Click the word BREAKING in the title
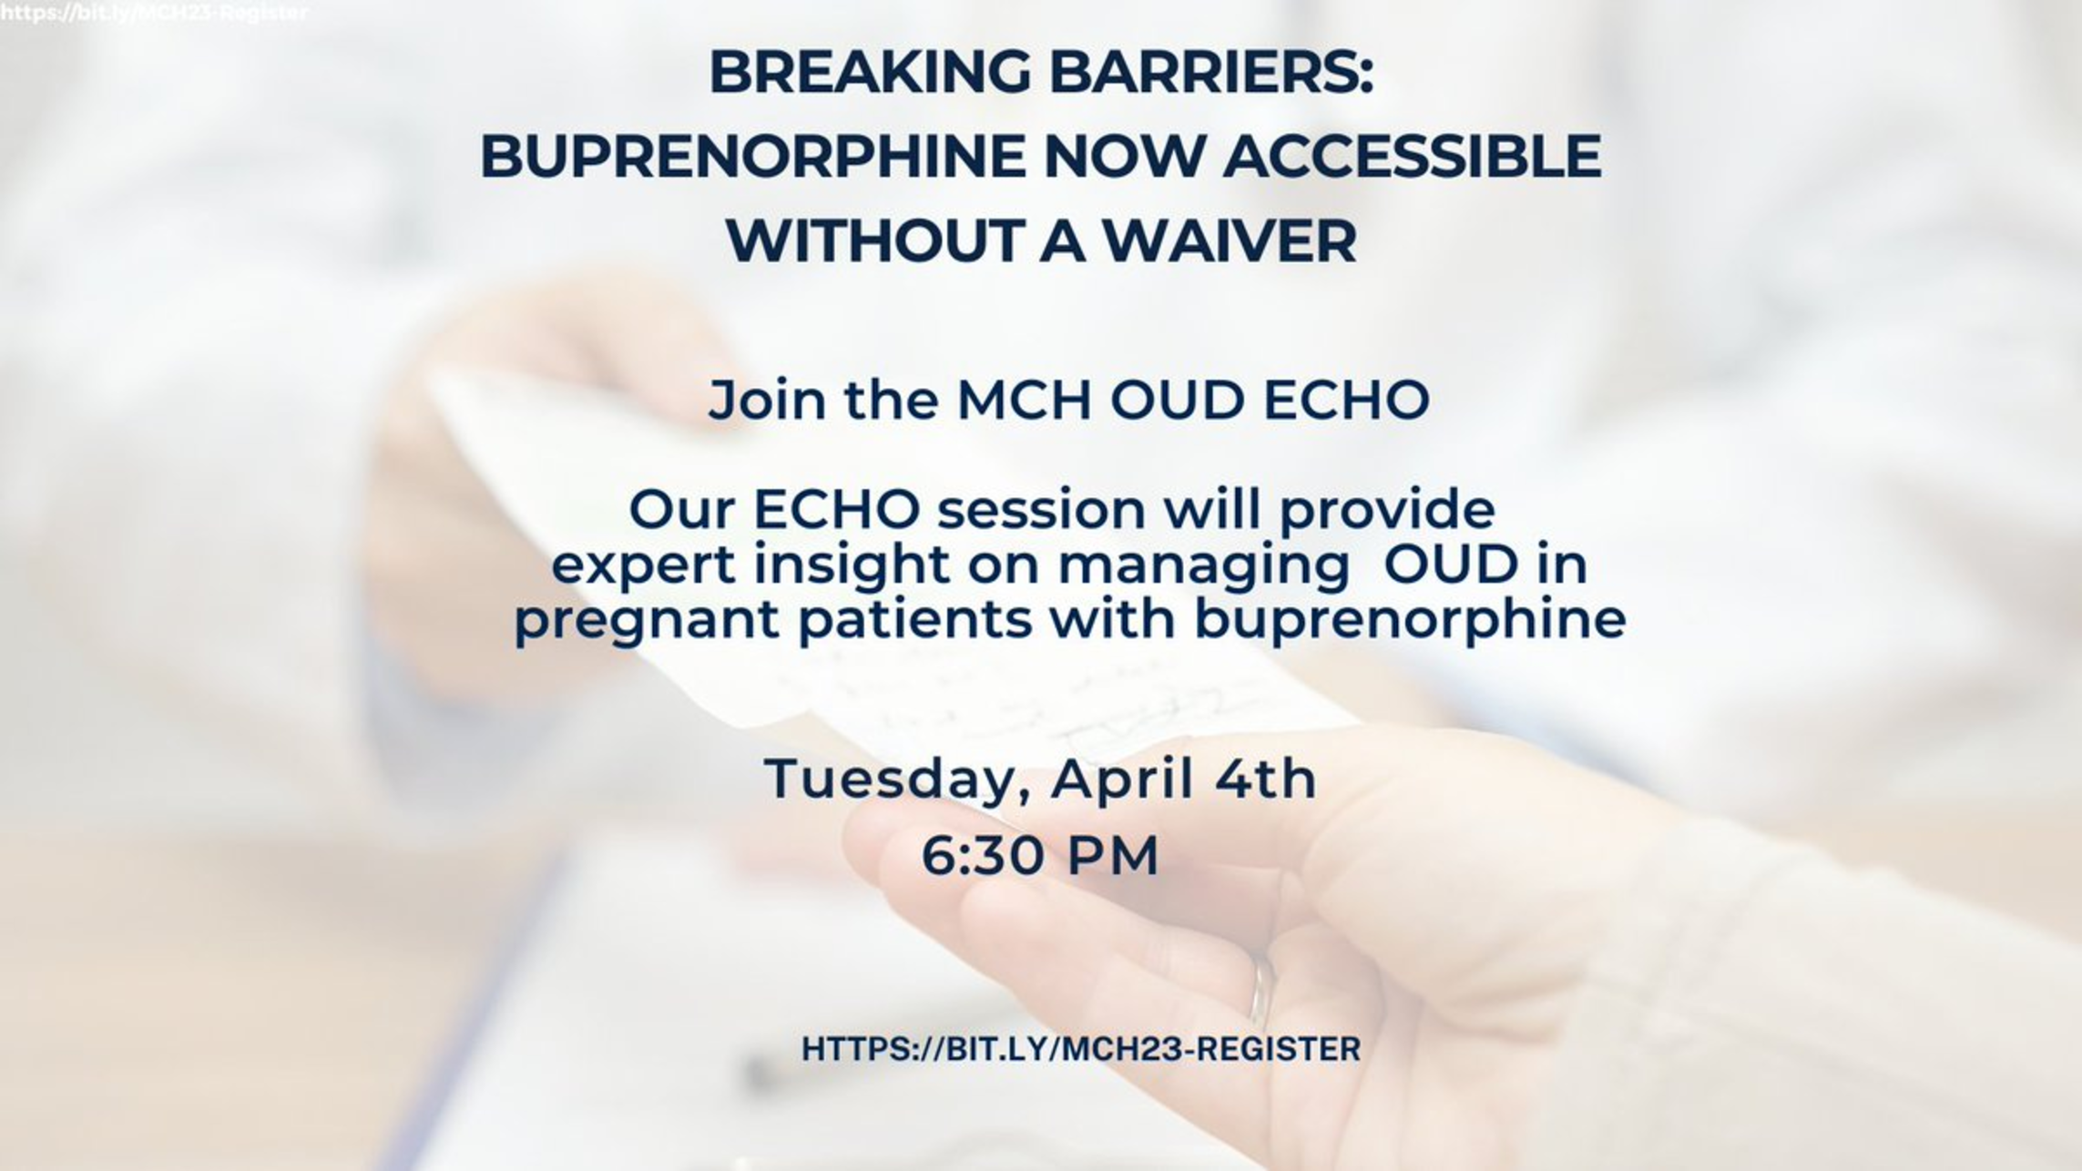click(870, 72)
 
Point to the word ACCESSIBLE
click(1413, 156)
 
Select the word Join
click(767, 401)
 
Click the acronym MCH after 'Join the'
click(1025, 400)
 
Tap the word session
click(1042, 509)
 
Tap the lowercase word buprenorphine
click(1410, 619)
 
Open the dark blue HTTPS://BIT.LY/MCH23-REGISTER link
click(1081, 1049)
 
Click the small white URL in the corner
click(154, 13)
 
